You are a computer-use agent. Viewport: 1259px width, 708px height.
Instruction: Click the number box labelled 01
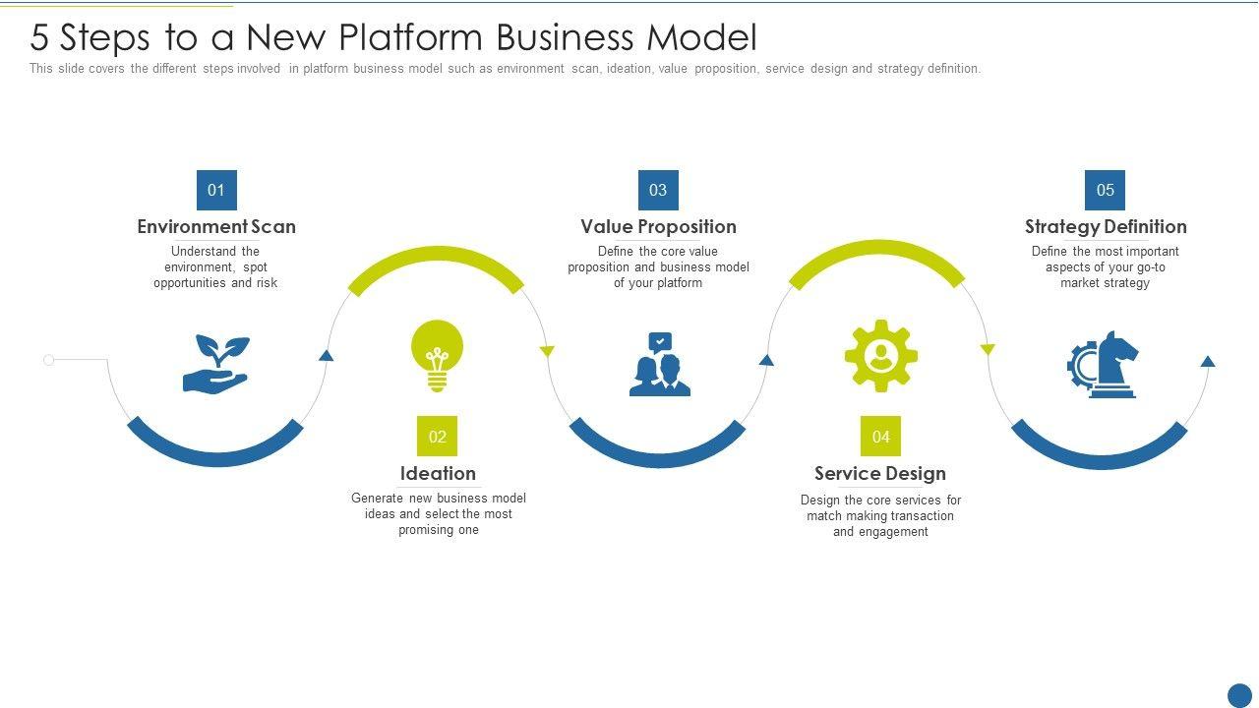point(216,190)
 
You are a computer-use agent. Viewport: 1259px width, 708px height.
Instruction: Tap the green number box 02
point(438,437)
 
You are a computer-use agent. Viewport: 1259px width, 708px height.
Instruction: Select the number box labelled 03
point(658,190)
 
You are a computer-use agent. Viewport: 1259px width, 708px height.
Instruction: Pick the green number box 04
point(880,437)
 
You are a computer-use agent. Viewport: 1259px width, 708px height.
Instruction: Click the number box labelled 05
point(1105,190)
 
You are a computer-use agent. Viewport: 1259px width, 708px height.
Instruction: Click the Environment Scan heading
point(216,226)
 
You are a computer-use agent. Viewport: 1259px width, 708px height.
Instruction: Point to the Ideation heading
point(438,473)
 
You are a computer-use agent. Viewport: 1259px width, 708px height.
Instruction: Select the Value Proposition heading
point(658,226)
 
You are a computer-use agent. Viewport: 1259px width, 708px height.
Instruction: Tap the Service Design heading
point(880,473)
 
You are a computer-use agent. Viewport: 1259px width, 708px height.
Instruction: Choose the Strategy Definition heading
point(1106,226)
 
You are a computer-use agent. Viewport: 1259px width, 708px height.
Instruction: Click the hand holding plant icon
point(216,364)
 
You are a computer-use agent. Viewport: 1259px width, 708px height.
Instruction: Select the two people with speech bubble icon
point(660,365)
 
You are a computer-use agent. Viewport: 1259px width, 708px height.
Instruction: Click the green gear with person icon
point(880,356)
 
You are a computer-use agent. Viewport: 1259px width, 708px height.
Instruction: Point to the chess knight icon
point(1104,364)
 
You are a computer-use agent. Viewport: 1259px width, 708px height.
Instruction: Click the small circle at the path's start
point(49,360)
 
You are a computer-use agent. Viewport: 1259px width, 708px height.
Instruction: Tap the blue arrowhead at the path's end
point(1208,362)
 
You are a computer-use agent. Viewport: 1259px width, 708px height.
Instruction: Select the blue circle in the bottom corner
point(1240,695)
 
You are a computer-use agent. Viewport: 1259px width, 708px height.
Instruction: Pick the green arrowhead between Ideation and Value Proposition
point(548,351)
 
